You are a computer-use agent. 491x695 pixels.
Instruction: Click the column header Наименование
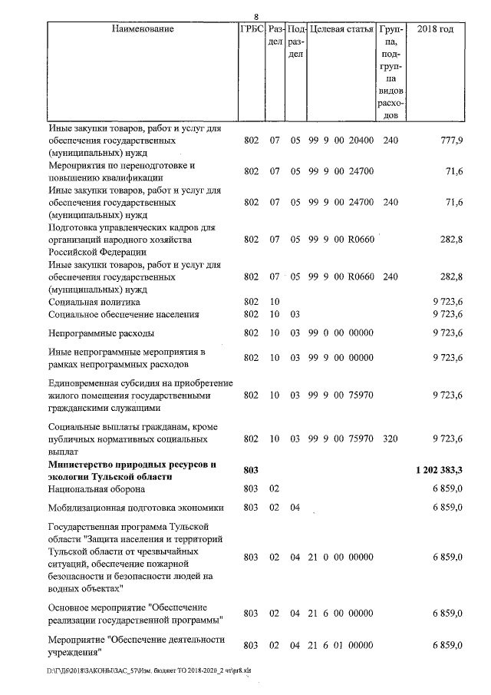pos(143,29)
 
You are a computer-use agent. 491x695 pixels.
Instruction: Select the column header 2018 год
pos(434,29)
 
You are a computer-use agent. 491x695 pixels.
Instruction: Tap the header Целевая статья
pos(341,29)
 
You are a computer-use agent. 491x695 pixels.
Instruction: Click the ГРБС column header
pos(252,29)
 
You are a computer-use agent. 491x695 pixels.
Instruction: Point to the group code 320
pos(390,439)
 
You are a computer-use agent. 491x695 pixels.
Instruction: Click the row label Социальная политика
pos(94,303)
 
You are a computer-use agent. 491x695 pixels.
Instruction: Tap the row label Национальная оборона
pos(97,488)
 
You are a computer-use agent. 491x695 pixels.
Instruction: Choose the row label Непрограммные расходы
pos(101,333)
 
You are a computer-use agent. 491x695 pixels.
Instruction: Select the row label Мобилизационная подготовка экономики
pos(135,508)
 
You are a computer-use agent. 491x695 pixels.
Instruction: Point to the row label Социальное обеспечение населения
pos(124,314)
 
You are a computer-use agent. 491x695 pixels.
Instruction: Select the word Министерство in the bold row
pos(83,464)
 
